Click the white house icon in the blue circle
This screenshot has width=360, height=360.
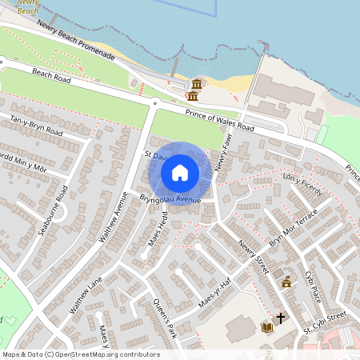tap(180, 172)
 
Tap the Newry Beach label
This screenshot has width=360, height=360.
tap(27, 6)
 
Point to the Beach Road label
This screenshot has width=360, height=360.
tap(52, 77)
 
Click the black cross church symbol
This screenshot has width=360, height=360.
tap(280, 318)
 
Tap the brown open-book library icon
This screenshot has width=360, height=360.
tap(266, 327)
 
